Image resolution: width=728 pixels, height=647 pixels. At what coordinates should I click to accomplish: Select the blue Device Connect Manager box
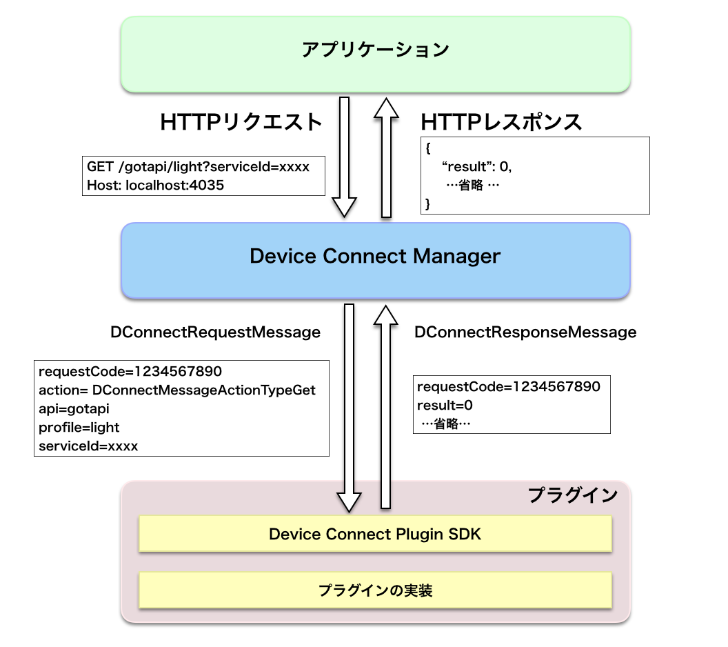[376, 259]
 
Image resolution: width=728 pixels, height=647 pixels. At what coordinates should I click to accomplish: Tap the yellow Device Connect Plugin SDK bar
[376, 534]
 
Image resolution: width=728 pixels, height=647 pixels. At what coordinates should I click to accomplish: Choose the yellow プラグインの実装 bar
[376, 590]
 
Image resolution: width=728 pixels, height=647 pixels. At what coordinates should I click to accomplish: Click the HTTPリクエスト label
[241, 122]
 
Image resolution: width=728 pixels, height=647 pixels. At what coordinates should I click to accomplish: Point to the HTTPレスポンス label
[501, 122]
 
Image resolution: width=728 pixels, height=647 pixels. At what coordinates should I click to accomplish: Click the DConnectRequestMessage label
[215, 332]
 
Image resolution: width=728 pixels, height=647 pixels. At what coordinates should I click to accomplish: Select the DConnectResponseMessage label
[525, 332]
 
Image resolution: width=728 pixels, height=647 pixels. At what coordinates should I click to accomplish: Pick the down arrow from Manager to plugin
[349, 407]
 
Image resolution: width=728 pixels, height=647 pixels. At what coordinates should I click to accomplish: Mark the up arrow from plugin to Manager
[387, 407]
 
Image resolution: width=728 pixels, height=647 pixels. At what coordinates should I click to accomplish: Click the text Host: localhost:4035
[155, 185]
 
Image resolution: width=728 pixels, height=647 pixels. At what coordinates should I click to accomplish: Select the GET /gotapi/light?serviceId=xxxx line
[198, 167]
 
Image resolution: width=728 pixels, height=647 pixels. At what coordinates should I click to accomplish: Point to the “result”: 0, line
[480, 167]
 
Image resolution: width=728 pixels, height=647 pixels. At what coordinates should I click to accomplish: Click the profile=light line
[79, 428]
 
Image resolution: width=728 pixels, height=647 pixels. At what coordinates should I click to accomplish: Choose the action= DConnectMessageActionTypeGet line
[177, 390]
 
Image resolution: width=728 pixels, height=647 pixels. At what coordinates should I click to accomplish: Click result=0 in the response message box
[445, 405]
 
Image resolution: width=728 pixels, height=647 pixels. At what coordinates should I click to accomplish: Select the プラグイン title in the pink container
[572, 495]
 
